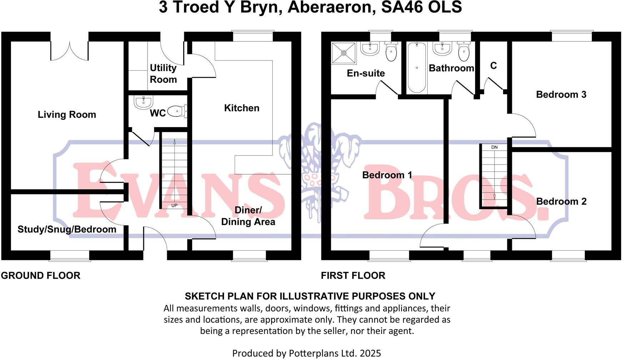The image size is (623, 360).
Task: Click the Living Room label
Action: pyautogui.click(x=67, y=115)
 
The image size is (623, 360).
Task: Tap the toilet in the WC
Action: pyautogui.click(x=178, y=111)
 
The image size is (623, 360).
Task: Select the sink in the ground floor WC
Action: pyautogui.click(x=143, y=102)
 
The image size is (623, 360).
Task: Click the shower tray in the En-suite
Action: pyautogui.click(x=344, y=53)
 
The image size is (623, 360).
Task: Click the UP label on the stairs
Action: pyautogui.click(x=174, y=205)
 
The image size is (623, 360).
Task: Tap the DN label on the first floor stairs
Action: pyautogui.click(x=494, y=147)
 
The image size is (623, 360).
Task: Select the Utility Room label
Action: pyautogui.click(x=163, y=74)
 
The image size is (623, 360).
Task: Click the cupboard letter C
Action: pyautogui.click(x=493, y=66)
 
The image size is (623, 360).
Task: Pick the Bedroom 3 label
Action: pyautogui.click(x=561, y=95)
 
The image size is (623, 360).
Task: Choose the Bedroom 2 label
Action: pyautogui.click(x=561, y=201)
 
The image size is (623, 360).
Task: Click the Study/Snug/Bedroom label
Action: pyautogui.click(x=67, y=229)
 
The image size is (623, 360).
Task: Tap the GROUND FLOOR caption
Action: pyautogui.click(x=40, y=276)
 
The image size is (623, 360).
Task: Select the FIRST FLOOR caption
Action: pyautogui.click(x=353, y=276)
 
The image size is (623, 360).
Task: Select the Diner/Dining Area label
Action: pyautogui.click(x=248, y=216)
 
